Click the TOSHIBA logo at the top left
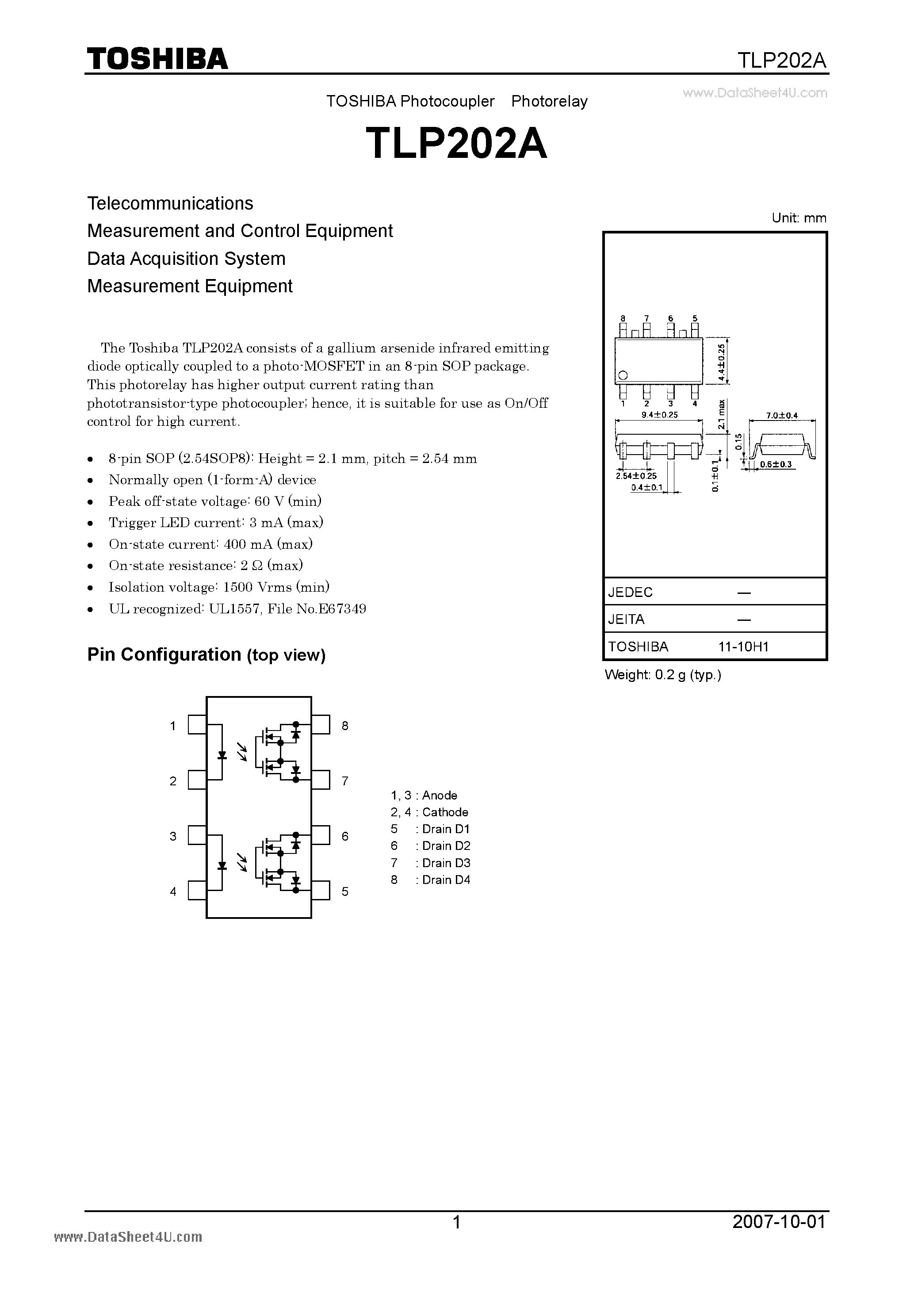pos(157,58)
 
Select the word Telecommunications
pos(170,203)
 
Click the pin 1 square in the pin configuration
pos(197,725)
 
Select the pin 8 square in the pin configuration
pos(321,725)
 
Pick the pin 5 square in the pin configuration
pos(321,891)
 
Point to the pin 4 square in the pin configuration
pos(197,891)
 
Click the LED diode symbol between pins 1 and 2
pos(222,755)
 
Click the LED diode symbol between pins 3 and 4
pos(222,865)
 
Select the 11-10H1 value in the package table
pos(743,646)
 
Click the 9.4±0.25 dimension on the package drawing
pos(659,414)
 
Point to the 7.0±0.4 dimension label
pos(782,416)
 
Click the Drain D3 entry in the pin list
pos(446,863)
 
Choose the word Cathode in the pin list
pos(445,812)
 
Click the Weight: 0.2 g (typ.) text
pos(663,675)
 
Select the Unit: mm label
pos(799,218)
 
